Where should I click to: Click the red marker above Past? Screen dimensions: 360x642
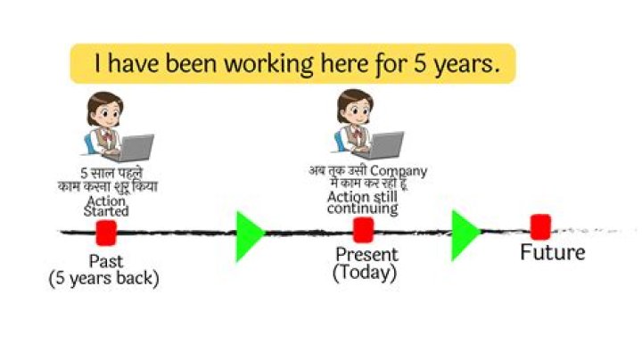(106, 233)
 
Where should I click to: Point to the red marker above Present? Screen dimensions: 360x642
(363, 230)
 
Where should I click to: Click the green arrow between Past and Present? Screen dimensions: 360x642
(249, 236)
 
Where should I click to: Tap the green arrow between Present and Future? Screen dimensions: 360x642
(465, 235)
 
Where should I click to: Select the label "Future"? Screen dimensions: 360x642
(553, 252)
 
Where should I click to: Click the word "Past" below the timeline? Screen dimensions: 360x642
(106, 261)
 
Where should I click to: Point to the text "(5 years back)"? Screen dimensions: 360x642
(103, 278)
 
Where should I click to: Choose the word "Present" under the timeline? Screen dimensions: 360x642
(366, 256)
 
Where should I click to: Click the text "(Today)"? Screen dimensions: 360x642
(365, 273)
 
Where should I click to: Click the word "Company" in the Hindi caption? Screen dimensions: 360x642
(399, 170)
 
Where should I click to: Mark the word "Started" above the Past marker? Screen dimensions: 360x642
(106, 211)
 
